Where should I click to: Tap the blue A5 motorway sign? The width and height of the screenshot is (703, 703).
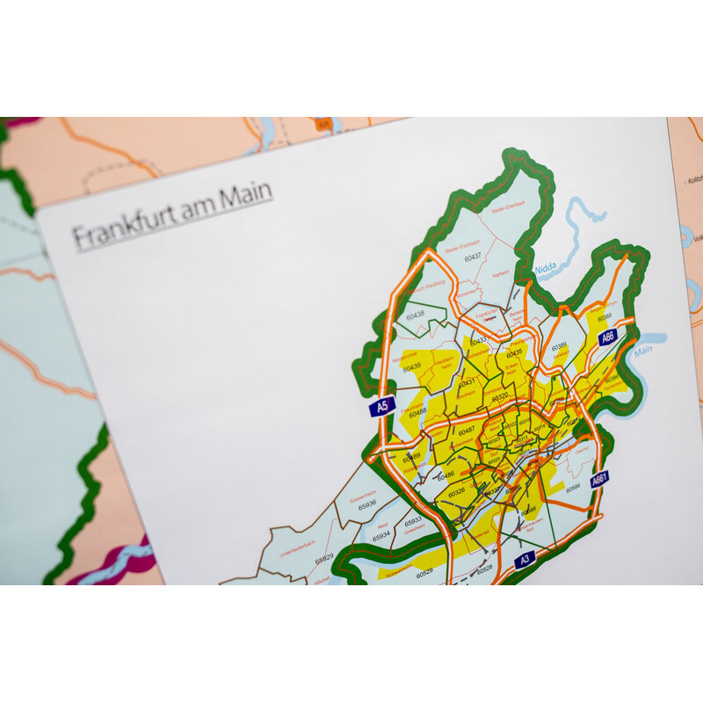[x=381, y=406]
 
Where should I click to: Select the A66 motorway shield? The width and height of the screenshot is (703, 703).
[x=607, y=337]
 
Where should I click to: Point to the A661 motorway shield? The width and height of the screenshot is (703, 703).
[x=599, y=480]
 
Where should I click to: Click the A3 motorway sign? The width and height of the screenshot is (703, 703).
[x=525, y=559]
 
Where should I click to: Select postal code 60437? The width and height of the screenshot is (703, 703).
[x=474, y=257]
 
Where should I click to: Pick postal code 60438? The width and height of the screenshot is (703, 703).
[x=414, y=314]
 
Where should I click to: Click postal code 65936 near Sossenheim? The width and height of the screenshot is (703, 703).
[x=366, y=503]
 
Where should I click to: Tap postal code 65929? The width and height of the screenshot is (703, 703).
[x=324, y=558]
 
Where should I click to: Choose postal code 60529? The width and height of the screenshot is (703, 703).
[x=424, y=571]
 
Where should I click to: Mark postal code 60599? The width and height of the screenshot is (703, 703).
[x=572, y=488]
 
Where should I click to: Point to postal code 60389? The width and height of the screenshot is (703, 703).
[x=559, y=347]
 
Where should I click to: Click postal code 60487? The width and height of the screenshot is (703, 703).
[x=467, y=429]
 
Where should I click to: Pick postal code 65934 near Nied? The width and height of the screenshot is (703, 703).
[x=380, y=535]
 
